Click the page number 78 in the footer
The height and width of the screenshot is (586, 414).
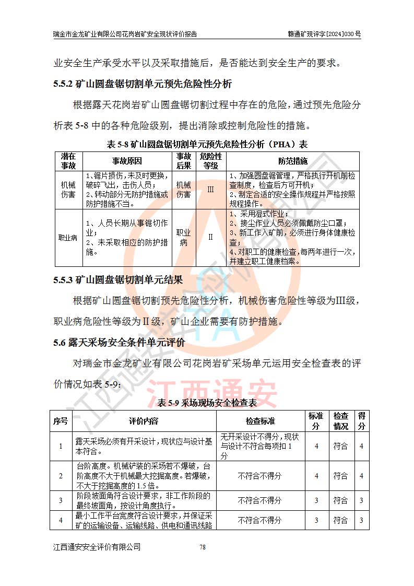(x=203, y=547)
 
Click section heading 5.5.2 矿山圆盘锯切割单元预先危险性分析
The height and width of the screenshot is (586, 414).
(x=143, y=84)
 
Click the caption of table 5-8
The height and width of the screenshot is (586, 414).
(x=207, y=144)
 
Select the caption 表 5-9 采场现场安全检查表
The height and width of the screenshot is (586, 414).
(x=207, y=403)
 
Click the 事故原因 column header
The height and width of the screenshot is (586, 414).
(x=127, y=161)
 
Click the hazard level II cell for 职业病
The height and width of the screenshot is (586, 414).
(x=211, y=237)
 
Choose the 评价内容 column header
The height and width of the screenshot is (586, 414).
(x=144, y=421)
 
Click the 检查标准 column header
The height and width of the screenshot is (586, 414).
(x=261, y=421)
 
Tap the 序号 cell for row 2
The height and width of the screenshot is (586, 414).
(x=61, y=476)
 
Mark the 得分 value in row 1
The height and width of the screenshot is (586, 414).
(x=361, y=446)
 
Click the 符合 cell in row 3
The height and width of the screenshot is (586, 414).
(x=341, y=500)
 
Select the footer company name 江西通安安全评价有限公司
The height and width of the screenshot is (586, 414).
(x=97, y=547)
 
